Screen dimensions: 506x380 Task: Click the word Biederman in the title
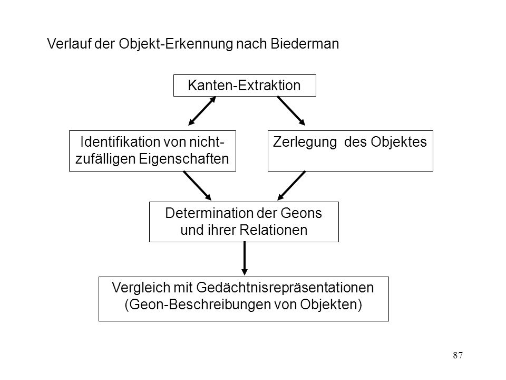tap(305, 44)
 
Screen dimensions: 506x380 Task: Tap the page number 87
tap(458, 355)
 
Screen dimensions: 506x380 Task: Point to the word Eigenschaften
tap(184, 159)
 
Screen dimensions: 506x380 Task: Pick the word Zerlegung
tap(305, 142)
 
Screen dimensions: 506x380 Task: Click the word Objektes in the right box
tap(398, 142)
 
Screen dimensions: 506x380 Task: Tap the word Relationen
tap(274, 230)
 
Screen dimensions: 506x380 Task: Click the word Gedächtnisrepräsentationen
tap(285, 288)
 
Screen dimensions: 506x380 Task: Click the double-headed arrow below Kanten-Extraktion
tap(202, 111)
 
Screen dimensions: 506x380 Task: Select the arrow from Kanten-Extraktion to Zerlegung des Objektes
tap(291, 111)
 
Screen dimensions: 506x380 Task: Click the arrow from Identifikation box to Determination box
tap(197, 185)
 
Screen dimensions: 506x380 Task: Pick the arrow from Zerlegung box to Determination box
tap(291, 185)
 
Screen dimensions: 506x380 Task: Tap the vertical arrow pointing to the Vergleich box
tap(245, 259)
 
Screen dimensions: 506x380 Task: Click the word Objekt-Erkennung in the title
tap(176, 44)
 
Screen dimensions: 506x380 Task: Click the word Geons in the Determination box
tap(301, 213)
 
